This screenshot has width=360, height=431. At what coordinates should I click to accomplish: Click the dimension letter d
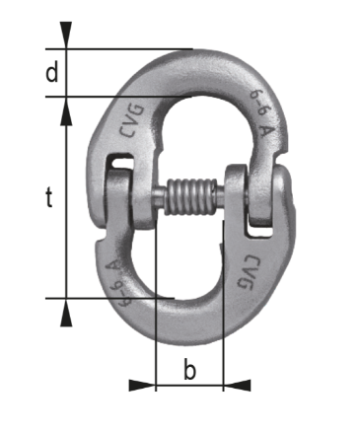[x=51, y=73]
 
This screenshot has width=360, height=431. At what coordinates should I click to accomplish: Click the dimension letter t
[x=48, y=197]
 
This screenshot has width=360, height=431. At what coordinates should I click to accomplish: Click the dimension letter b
[x=189, y=369]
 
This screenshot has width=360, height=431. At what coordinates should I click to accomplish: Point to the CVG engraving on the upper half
[x=132, y=120]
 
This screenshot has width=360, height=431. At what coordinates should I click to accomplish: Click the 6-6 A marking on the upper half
[x=262, y=112]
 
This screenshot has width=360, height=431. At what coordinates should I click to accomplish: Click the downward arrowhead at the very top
[x=66, y=33]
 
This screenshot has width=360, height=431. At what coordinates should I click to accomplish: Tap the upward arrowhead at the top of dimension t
[x=66, y=113]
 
